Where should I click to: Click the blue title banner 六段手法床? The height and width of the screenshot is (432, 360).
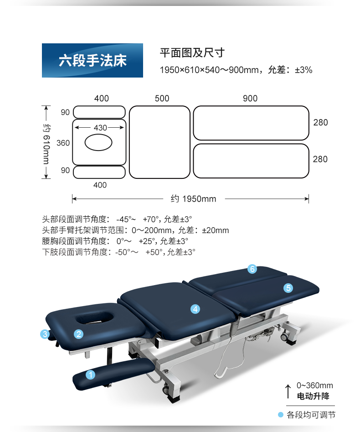click(x=93, y=60)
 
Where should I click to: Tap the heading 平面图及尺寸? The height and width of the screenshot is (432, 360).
click(x=192, y=52)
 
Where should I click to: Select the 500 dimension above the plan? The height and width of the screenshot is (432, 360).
click(x=162, y=99)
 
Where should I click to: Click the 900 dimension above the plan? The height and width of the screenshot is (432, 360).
click(x=250, y=99)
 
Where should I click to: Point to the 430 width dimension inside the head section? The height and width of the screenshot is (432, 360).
click(x=100, y=128)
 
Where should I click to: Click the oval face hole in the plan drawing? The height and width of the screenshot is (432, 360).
click(x=98, y=142)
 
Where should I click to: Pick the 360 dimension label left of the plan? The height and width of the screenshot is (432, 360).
click(x=63, y=143)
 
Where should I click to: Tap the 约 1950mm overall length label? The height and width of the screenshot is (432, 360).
click(x=193, y=198)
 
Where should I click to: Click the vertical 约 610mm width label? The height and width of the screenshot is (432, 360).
click(x=46, y=144)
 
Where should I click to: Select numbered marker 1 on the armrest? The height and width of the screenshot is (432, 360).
click(x=90, y=375)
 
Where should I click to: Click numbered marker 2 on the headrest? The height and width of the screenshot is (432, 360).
click(x=78, y=334)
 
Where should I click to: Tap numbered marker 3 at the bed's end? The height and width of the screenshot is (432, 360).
click(x=45, y=334)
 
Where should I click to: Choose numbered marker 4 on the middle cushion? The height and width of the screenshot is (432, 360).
click(x=195, y=309)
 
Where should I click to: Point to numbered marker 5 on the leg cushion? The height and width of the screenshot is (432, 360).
click(x=288, y=288)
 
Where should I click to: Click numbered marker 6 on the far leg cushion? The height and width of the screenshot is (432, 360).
click(x=252, y=269)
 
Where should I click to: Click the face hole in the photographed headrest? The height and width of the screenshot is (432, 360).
click(x=95, y=317)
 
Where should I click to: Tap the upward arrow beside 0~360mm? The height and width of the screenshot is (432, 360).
click(x=288, y=391)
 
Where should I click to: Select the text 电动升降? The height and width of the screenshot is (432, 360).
click(x=313, y=396)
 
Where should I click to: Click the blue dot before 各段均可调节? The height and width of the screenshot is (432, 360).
click(x=281, y=415)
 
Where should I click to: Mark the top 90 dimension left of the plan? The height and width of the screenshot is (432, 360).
click(x=65, y=112)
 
